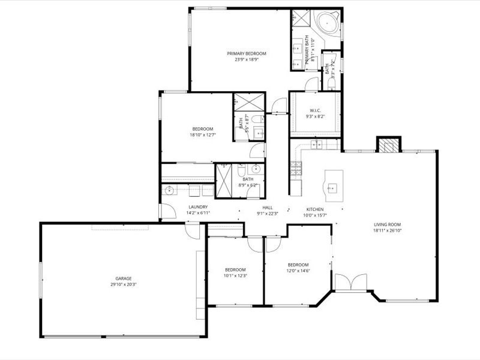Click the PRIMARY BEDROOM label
246,53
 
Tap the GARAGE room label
124,278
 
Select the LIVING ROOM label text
387,224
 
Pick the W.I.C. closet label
316,110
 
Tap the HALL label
268,207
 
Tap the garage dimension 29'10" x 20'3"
124,284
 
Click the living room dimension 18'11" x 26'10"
387,230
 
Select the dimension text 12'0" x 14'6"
298,271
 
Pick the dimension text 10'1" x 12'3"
235,275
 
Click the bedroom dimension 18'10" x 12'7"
202,135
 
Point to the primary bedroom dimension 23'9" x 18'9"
246,59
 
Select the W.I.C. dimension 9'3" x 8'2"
316,116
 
